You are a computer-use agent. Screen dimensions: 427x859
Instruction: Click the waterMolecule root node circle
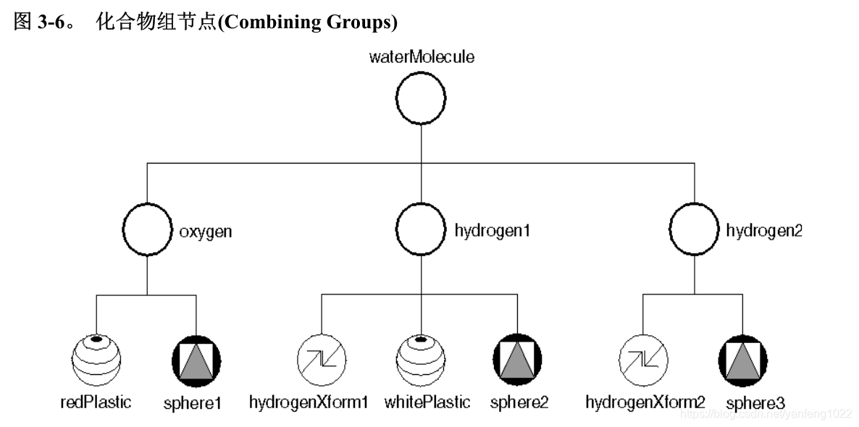[422, 98]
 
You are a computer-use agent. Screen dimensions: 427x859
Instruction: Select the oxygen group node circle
[147, 231]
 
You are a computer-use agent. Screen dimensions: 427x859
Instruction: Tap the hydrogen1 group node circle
[422, 231]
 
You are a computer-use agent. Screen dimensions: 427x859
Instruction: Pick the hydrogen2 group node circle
[694, 231]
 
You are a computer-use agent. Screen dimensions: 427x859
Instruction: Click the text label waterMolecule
[422, 56]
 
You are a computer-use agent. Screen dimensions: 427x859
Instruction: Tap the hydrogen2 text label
[764, 232]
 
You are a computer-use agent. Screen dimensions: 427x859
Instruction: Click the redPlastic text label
[96, 402]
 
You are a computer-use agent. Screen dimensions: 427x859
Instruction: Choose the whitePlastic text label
[427, 402]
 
